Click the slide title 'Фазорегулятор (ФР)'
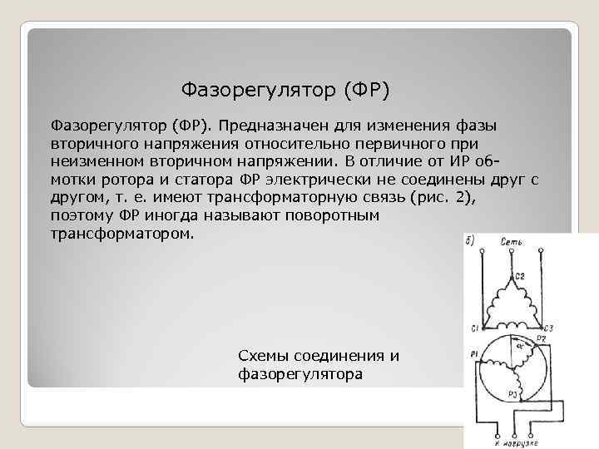[285, 87]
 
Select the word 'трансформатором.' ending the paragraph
[122, 234]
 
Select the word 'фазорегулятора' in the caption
[299, 374]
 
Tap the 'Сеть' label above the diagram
[511, 242]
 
